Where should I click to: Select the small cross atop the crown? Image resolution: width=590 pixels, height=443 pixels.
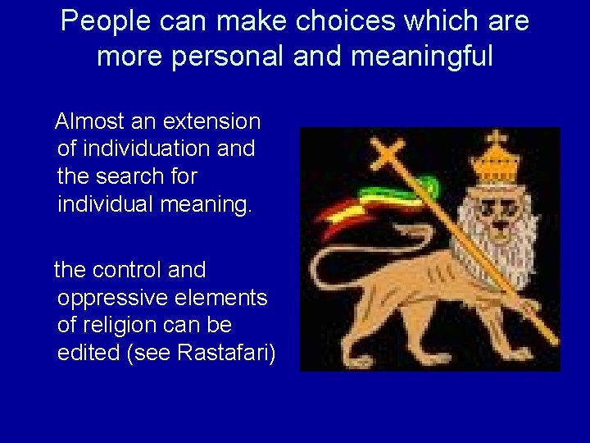(497, 138)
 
